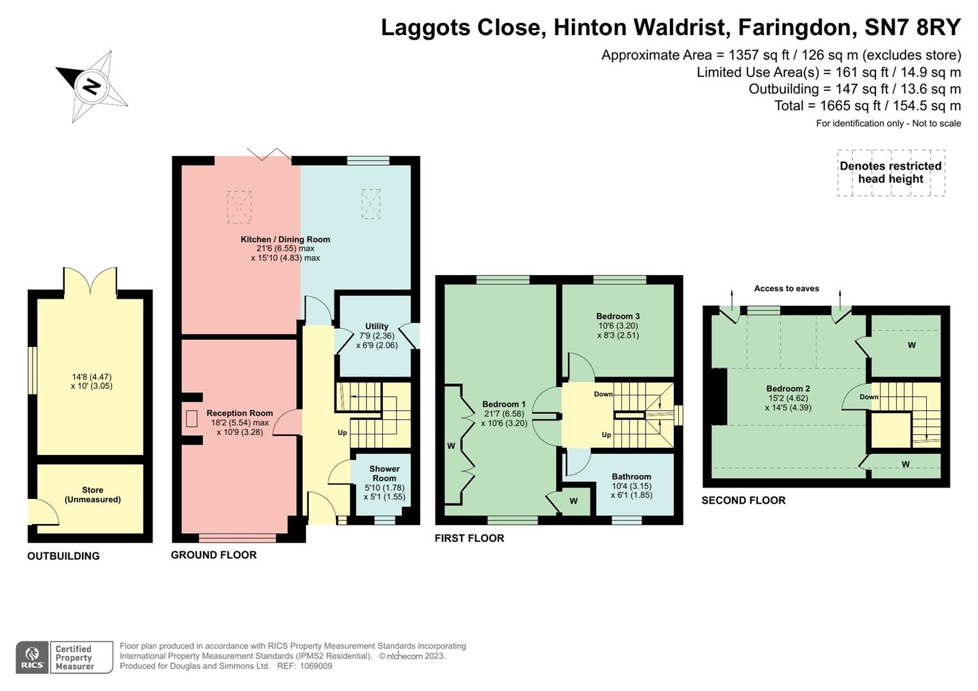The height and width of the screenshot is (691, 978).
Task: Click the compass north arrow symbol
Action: tap(92, 86)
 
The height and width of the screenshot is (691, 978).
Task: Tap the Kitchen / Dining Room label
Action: tap(285, 239)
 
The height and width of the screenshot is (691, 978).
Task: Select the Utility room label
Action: tap(377, 326)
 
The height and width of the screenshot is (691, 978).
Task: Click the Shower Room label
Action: tap(384, 473)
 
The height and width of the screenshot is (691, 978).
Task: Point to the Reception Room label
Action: tap(240, 413)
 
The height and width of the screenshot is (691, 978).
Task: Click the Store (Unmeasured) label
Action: tap(92, 495)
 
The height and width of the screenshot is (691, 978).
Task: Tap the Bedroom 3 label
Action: tap(617, 316)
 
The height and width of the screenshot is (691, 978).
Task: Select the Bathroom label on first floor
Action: tap(631, 477)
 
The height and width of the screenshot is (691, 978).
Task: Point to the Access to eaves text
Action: tap(786, 289)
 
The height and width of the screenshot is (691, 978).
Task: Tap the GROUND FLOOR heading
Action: tap(213, 555)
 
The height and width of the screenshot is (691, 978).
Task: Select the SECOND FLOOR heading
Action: tap(743, 500)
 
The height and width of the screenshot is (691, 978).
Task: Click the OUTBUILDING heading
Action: tap(63, 556)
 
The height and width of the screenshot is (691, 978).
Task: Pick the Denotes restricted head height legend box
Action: tap(890, 173)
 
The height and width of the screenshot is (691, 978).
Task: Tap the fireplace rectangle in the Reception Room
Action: tap(192, 418)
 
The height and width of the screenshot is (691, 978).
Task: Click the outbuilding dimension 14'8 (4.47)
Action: tap(92, 377)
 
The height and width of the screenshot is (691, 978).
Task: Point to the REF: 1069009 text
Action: tap(304, 666)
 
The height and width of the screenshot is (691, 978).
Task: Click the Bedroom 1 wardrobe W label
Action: tap(451, 446)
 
